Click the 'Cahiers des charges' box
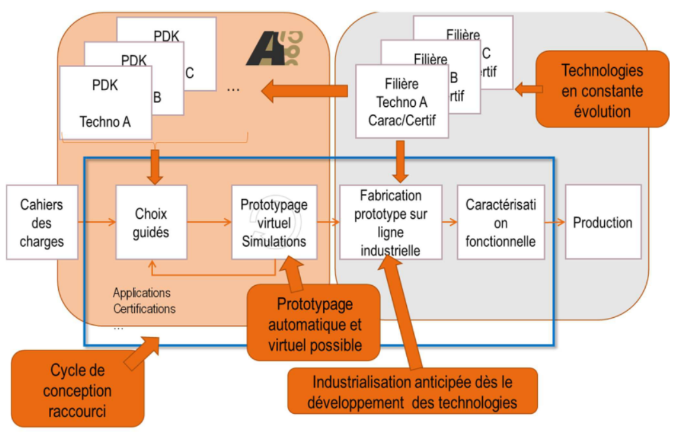(42, 222)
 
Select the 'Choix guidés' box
(151, 222)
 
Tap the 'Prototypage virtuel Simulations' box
(274, 222)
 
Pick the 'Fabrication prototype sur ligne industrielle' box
(390, 222)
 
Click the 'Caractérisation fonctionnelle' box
(501, 222)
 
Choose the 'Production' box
(603, 222)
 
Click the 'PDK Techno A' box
(105, 102)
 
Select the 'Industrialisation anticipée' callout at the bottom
(412, 392)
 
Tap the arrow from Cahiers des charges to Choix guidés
(97, 222)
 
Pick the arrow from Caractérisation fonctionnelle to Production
(555, 222)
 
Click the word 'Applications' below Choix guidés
(142, 293)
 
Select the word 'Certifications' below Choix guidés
(144, 309)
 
